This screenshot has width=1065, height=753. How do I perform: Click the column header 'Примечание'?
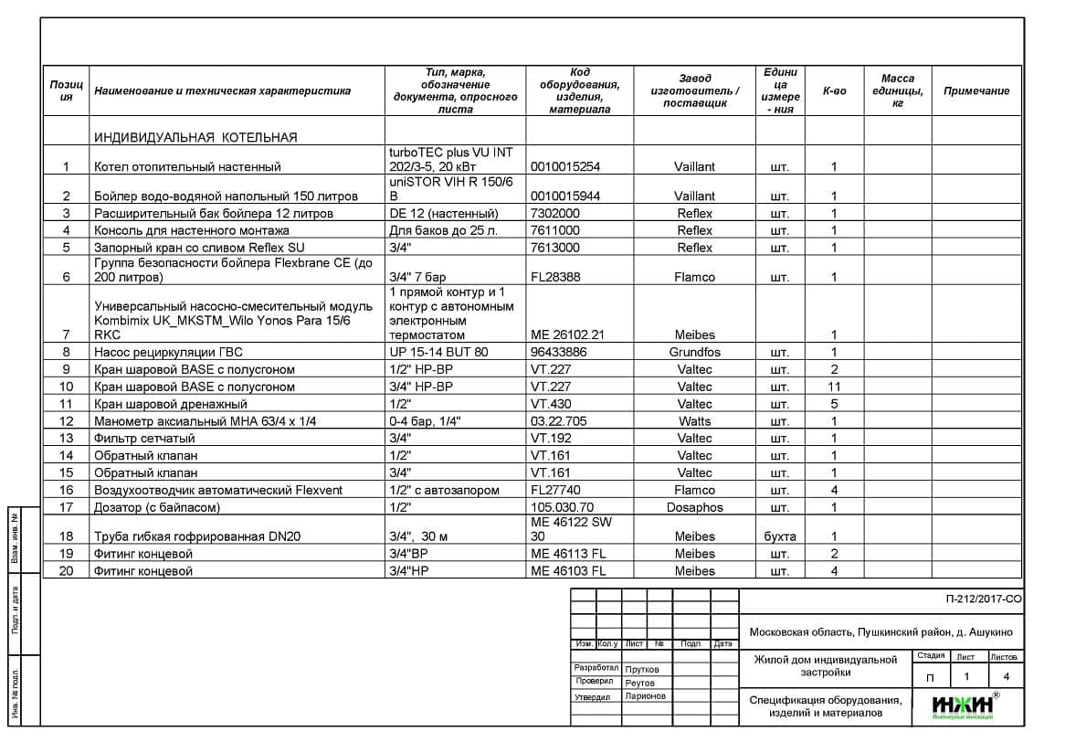(x=976, y=91)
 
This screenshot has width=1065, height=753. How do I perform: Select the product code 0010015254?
(x=562, y=167)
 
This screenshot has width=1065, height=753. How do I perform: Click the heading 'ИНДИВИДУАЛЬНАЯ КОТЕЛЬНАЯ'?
(x=195, y=138)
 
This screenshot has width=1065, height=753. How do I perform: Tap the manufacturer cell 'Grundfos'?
(x=694, y=353)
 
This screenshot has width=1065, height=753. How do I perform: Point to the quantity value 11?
(x=833, y=387)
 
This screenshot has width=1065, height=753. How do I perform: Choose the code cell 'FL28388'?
(x=555, y=277)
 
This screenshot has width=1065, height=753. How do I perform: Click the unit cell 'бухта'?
(x=780, y=536)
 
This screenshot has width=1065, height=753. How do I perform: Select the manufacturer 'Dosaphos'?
(x=694, y=507)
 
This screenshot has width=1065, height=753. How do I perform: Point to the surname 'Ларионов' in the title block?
(x=646, y=696)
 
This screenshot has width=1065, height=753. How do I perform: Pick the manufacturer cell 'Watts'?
(x=694, y=421)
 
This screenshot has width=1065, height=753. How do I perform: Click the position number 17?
(x=66, y=507)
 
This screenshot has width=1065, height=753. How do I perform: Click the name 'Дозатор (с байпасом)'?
(x=157, y=507)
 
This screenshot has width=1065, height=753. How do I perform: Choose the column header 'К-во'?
(x=834, y=91)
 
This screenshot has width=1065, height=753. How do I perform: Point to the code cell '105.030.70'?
(x=562, y=507)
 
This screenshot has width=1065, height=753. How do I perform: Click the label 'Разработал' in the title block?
(x=596, y=668)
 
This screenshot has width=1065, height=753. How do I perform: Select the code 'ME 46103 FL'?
(x=568, y=571)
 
